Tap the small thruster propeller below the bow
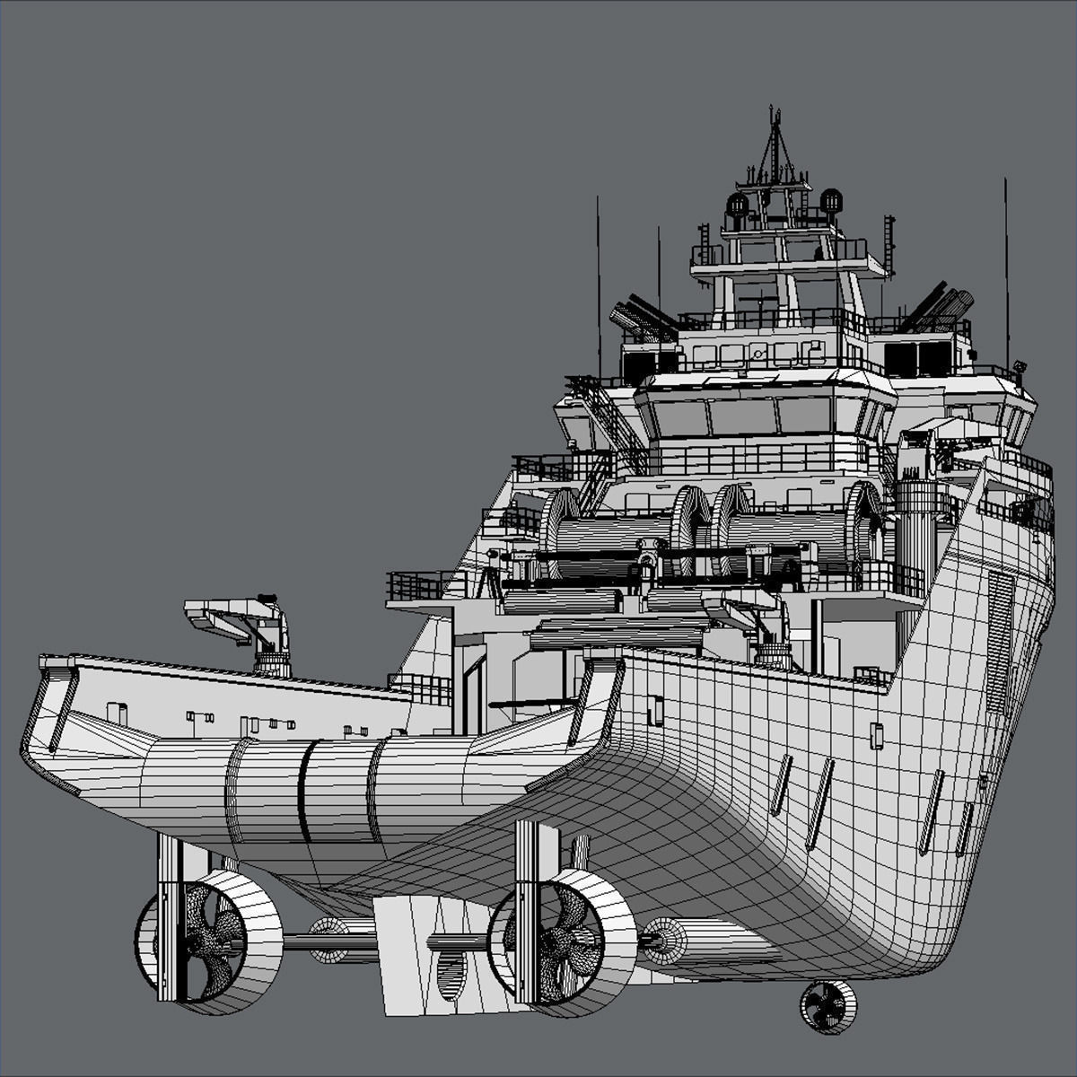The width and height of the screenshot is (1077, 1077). [827, 1006]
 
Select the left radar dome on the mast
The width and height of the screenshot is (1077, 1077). [737, 206]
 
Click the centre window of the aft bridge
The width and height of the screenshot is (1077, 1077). [742, 416]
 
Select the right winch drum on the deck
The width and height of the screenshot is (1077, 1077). [790, 534]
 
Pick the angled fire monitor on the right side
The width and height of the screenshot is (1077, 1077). [938, 305]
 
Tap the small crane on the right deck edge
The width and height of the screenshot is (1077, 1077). [758, 628]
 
